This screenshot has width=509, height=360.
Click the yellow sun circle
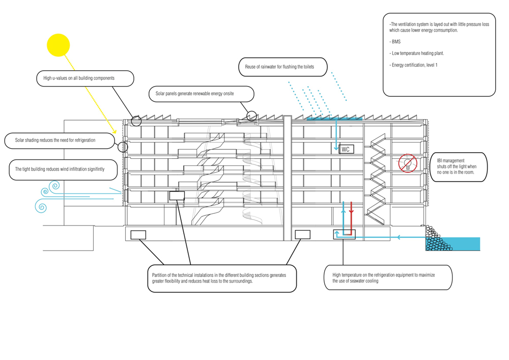click(59, 45)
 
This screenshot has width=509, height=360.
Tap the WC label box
click(346, 149)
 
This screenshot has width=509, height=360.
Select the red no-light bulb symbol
click(408, 163)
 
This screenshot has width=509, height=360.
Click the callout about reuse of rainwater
click(282, 67)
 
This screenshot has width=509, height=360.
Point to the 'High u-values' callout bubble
click(85, 78)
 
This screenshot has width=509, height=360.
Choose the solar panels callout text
click(194, 94)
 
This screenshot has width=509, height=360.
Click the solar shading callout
click(60, 141)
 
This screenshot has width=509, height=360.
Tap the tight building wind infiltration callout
click(63, 170)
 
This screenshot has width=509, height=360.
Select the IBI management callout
click(459, 167)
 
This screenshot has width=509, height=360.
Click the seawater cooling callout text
click(383, 278)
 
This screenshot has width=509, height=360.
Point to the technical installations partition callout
click(222, 278)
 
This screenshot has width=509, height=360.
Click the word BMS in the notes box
click(396, 42)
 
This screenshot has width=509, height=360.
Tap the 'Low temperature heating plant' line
click(416, 53)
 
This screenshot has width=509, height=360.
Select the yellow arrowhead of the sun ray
click(114, 131)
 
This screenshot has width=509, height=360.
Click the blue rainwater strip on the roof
click(334, 119)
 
